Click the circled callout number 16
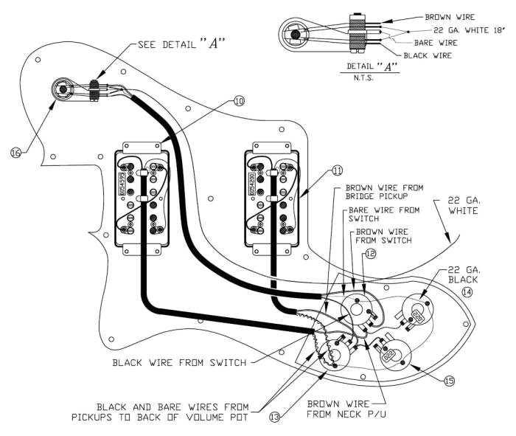[x=15, y=153]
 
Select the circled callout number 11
[x=337, y=170]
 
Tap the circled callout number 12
[x=369, y=253]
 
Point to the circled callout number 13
[x=274, y=418]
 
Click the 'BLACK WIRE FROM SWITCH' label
[x=180, y=362]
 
